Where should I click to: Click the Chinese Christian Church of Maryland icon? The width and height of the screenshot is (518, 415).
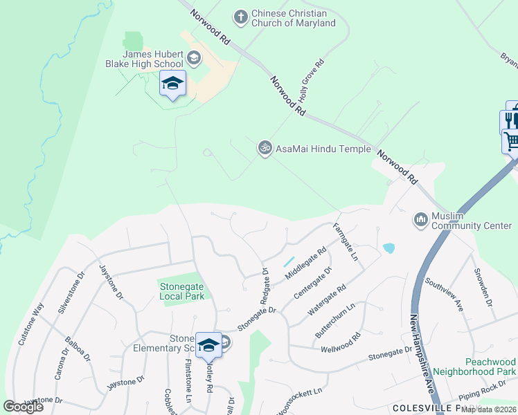(240, 17)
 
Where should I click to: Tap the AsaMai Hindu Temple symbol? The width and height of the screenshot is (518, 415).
(264, 148)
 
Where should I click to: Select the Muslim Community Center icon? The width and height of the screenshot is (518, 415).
(420, 220)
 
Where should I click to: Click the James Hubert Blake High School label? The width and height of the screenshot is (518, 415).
(152, 59)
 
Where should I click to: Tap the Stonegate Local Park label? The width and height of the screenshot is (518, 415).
(182, 290)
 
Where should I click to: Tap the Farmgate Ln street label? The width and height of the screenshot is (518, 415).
(344, 241)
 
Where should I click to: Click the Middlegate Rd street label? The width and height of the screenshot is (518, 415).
(304, 265)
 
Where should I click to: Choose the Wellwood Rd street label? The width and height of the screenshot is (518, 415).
(341, 343)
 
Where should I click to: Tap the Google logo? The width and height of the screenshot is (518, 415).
(24, 406)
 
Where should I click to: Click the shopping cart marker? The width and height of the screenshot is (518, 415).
(511, 142)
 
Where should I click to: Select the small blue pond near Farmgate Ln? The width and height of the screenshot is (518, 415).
(388, 248)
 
